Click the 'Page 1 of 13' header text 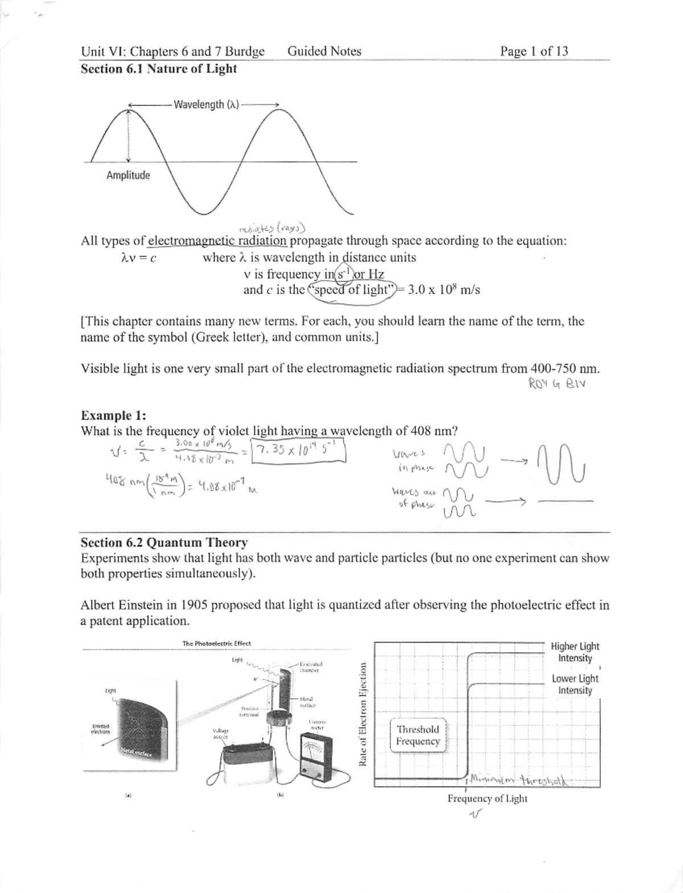click(x=533, y=51)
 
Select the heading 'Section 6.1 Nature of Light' click(x=159, y=69)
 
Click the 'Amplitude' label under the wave click(x=128, y=175)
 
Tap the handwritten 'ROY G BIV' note click(x=557, y=383)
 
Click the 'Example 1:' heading click(x=113, y=415)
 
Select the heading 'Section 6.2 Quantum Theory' click(x=164, y=542)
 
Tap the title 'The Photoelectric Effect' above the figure click(x=216, y=644)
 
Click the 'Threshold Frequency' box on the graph click(x=418, y=735)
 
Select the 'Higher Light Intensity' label click(x=575, y=652)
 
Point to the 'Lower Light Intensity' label click(x=575, y=684)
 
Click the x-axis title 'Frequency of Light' click(x=487, y=799)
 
